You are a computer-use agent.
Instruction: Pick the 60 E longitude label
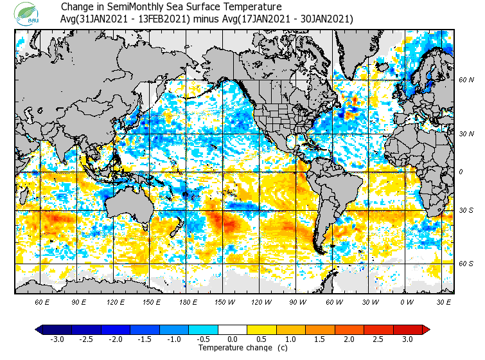[x=42, y=301]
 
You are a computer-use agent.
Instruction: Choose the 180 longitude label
[x=189, y=301]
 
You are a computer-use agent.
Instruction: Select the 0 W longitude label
[x=406, y=301]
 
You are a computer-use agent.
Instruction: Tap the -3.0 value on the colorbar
[x=57, y=339]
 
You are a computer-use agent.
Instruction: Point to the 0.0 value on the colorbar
[x=233, y=339]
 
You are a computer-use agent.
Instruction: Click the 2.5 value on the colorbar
[x=378, y=339]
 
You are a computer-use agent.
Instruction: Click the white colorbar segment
[x=233, y=329]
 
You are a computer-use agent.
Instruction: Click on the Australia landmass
[x=128, y=206]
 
